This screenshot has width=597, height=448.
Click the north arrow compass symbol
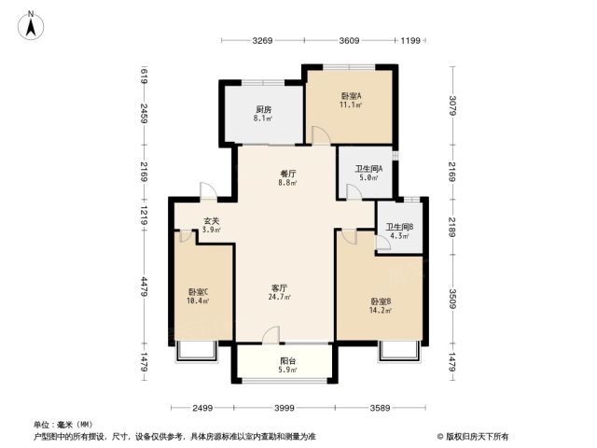click(x=31, y=25)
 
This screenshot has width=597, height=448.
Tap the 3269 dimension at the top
click(x=262, y=40)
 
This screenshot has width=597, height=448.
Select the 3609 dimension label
click(x=349, y=40)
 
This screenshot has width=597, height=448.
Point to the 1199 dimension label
click(x=410, y=40)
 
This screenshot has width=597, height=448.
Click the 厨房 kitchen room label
click(x=263, y=110)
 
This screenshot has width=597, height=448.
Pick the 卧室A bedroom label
click(x=351, y=96)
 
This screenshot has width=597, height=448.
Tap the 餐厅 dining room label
click(x=287, y=174)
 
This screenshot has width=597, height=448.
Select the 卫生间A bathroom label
click(x=368, y=168)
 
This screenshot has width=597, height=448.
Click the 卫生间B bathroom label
click(x=399, y=227)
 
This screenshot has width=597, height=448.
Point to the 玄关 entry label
click(x=212, y=221)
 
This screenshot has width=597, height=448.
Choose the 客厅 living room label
click(x=279, y=288)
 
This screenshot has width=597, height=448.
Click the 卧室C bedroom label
click(x=198, y=292)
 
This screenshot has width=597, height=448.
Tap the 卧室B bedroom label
click(x=381, y=301)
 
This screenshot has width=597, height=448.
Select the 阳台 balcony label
click(x=288, y=361)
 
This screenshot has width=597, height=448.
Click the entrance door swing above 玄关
click(x=208, y=190)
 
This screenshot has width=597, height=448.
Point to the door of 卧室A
click(x=321, y=135)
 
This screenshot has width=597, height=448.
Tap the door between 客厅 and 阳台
click(x=271, y=335)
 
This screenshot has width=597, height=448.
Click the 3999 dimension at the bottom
click(x=285, y=408)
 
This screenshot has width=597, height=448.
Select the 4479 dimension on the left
click(x=144, y=287)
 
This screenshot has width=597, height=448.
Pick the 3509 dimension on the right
click(x=452, y=299)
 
